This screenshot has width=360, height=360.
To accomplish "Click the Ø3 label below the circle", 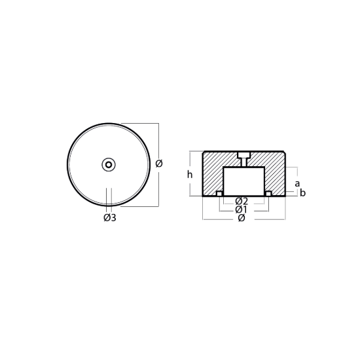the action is click(110, 217).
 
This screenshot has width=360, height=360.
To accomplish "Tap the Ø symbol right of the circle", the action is click(159, 164).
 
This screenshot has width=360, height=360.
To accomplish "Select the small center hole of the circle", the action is click(109, 164).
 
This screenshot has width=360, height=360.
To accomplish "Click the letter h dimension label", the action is click(190, 175).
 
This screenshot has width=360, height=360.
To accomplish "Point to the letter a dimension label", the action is click(297, 183).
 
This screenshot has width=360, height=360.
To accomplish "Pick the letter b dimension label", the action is click(303, 193).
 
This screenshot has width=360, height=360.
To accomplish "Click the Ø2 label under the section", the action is click(242, 202).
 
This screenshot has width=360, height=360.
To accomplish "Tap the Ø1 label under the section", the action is click(241, 209).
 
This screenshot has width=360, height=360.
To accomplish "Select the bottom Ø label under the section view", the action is click(242, 218).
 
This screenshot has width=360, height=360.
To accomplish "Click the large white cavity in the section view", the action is click(244, 181).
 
